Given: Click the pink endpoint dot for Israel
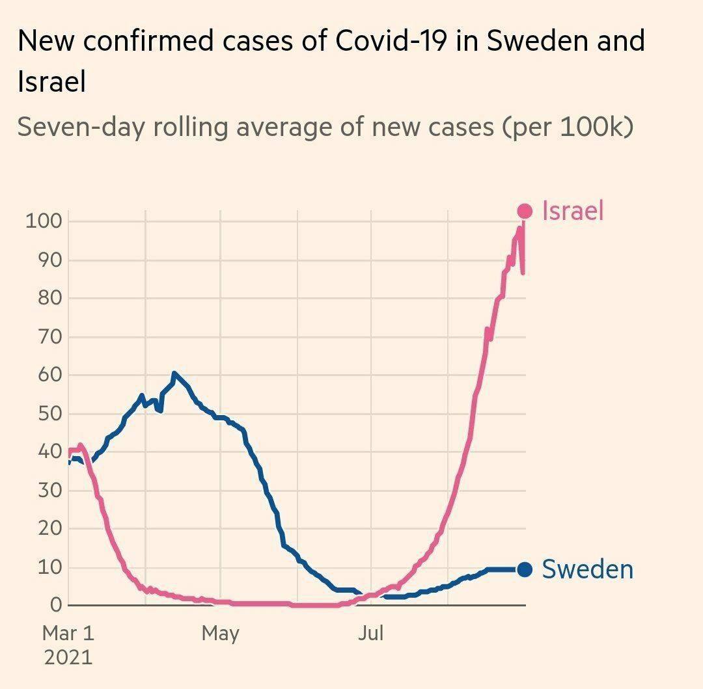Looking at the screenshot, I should tap(525, 211).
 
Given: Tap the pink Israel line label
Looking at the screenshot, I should tap(573, 211).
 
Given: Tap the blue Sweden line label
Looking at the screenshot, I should tap(587, 569).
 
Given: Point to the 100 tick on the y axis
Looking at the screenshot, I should tap(44, 221).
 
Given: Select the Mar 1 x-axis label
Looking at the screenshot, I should tap(68, 633).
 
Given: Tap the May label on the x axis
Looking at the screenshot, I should tap(220, 633).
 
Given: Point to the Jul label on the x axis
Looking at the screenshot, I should tap(370, 633).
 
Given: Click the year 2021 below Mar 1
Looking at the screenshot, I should tap(68, 656).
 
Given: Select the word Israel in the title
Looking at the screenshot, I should tap(51, 83).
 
